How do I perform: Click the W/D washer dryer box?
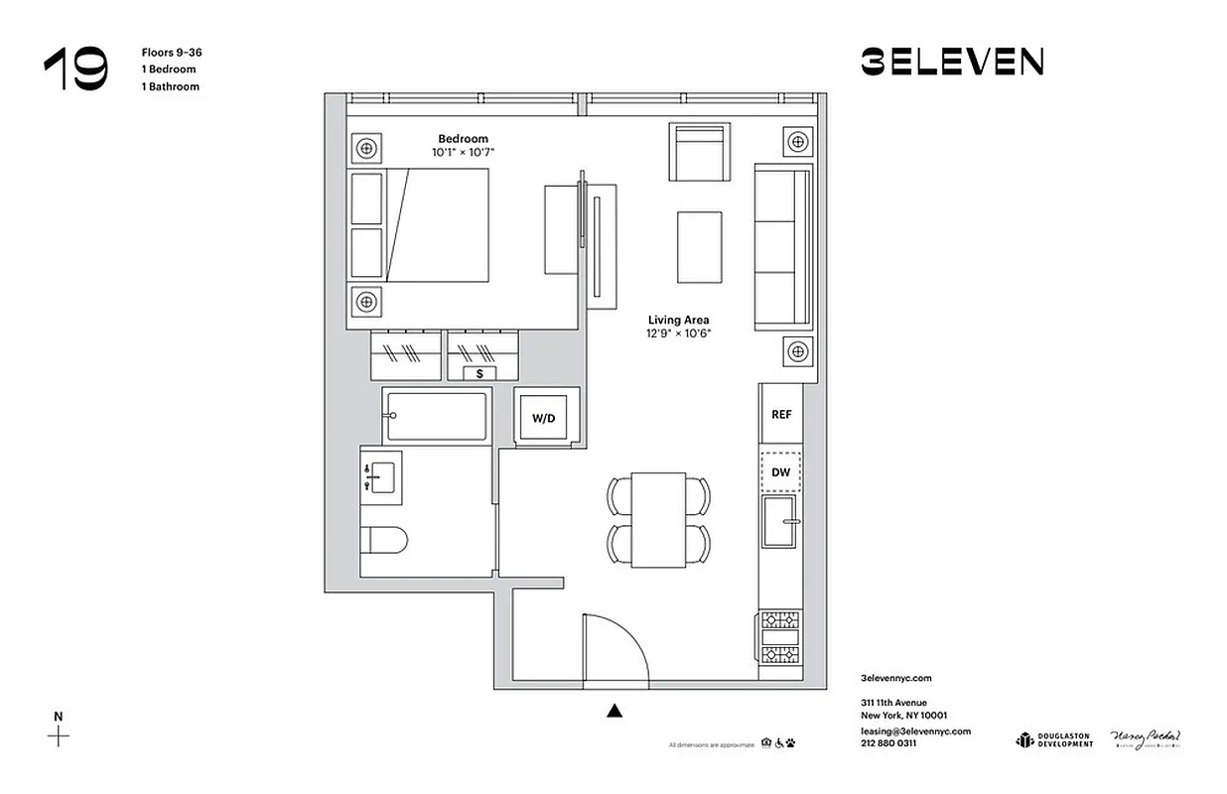click(x=543, y=418)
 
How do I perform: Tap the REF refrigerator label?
click(x=781, y=414)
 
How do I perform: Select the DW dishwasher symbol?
click(x=781, y=472)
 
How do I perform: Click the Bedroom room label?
click(x=463, y=139)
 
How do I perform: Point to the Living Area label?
click(x=678, y=320)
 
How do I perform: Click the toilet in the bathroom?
click(x=383, y=541)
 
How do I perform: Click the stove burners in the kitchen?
click(x=779, y=636)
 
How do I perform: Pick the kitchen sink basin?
click(x=780, y=522)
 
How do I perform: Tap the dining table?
click(x=658, y=519)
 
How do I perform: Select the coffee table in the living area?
click(x=699, y=247)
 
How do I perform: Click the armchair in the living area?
click(x=700, y=152)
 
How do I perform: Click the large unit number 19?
click(x=75, y=69)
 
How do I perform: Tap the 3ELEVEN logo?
click(x=951, y=63)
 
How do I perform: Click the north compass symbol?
click(x=59, y=735)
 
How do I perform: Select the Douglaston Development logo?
click(x=1053, y=739)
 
